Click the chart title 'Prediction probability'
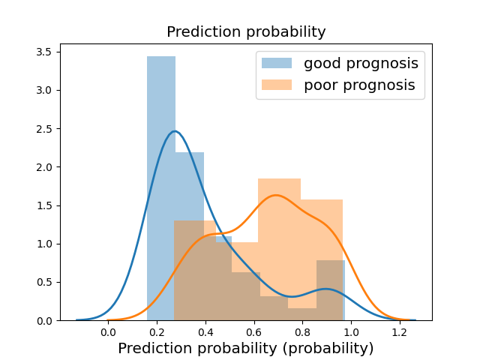click(246, 31)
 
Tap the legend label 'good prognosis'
click(361, 64)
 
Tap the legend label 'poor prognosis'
click(359, 85)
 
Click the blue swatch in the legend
click(277, 63)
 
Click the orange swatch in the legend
click(277, 85)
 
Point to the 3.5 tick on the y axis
click(44, 52)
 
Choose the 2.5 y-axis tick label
click(44, 129)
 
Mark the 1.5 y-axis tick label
click(44, 205)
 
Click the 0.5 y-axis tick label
click(44, 282)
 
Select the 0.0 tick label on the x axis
click(108, 331)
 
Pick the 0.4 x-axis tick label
click(205, 331)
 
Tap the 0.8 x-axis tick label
click(302, 331)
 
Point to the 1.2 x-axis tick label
click(400, 331)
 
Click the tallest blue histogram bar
click(161, 188)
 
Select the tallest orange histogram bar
click(279, 250)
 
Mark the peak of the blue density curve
click(175, 131)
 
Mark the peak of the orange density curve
click(276, 195)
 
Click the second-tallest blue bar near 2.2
click(190, 236)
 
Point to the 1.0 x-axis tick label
click(351, 331)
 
